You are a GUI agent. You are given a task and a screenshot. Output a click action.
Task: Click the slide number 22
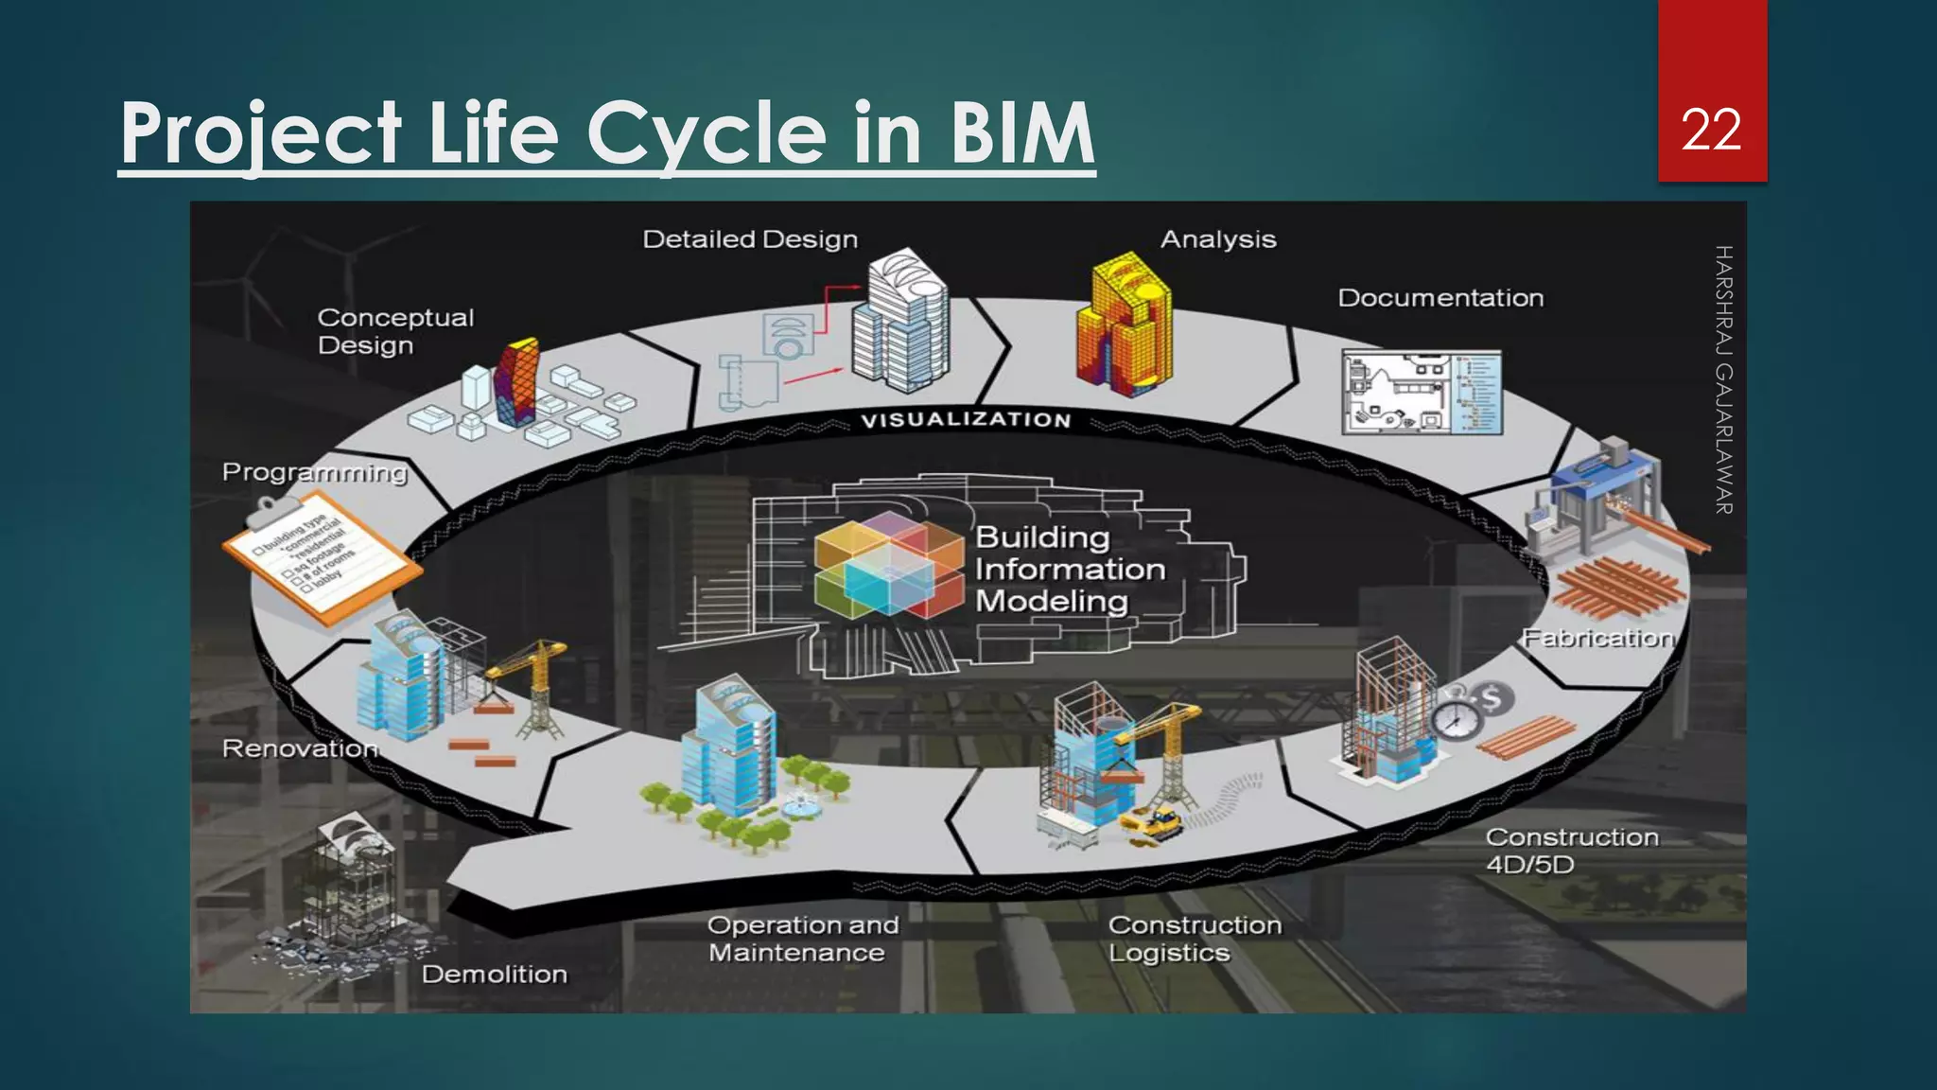pyautogui.click(x=1711, y=130)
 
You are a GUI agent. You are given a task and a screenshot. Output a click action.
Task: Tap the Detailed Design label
pyautogui.click(x=750, y=239)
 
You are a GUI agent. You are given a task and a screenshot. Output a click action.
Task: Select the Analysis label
pyautogui.click(x=1218, y=239)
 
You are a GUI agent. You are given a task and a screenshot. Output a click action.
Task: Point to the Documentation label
pyautogui.click(x=1440, y=298)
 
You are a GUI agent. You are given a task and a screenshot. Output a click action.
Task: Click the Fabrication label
pyautogui.click(x=1597, y=638)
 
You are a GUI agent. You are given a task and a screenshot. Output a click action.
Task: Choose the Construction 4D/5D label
pyautogui.click(x=1570, y=851)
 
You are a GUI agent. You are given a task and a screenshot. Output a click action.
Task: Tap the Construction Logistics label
pyautogui.click(x=1194, y=939)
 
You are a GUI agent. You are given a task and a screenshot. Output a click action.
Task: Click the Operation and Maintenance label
pyautogui.click(x=802, y=939)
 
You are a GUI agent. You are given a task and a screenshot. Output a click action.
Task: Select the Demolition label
pyautogui.click(x=494, y=974)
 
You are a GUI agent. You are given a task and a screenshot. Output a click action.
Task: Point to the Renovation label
pyautogui.click(x=299, y=748)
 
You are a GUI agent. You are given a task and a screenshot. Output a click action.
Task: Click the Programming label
pyautogui.click(x=314, y=471)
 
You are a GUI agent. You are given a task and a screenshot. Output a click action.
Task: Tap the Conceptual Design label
pyautogui.click(x=394, y=331)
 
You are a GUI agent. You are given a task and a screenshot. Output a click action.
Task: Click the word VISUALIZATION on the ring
pyautogui.click(x=966, y=420)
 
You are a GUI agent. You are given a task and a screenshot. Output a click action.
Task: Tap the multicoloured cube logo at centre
pyautogui.click(x=887, y=565)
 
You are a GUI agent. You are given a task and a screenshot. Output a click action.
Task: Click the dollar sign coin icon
pyautogui.click(x=1492, y=700)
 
